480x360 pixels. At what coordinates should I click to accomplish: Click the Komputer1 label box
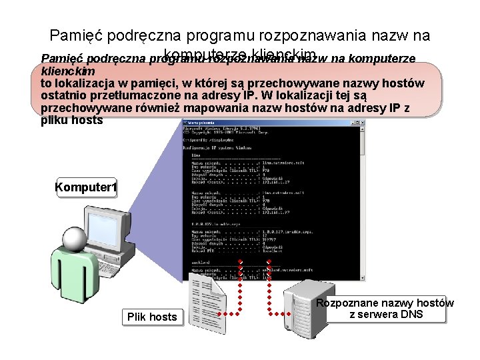pos(86,189)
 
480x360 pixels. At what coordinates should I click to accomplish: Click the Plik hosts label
pos(153,317)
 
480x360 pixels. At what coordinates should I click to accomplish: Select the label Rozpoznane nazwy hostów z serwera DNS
pos(385,309)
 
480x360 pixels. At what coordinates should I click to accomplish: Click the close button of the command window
pos(363,123)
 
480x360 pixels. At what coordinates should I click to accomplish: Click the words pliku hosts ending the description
pos(72,120)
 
